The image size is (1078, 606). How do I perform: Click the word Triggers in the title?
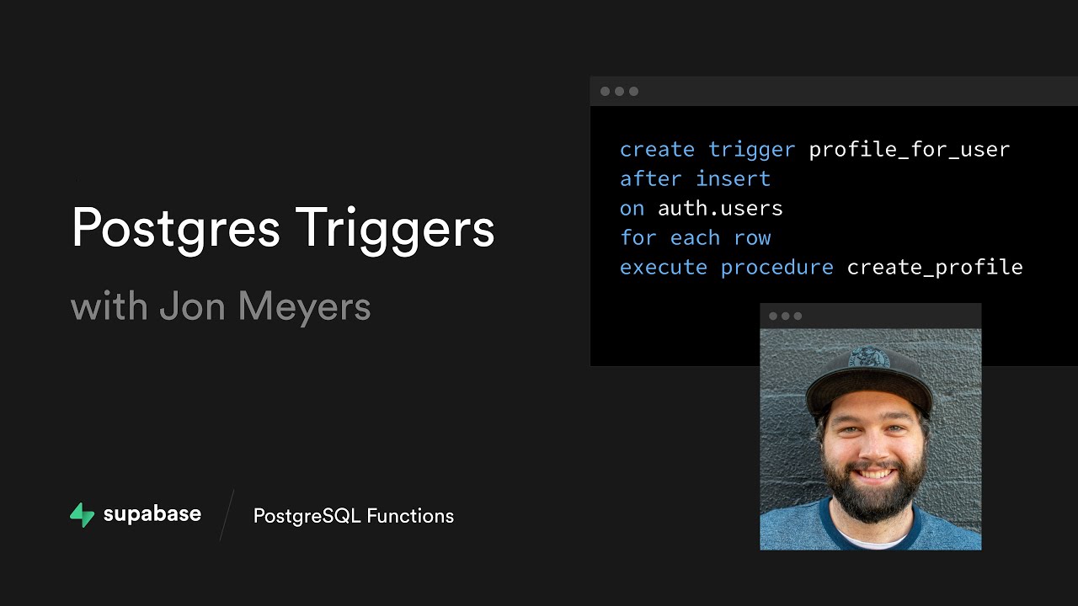tap(395, 228)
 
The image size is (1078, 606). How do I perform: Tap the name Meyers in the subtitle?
tap(304, 306)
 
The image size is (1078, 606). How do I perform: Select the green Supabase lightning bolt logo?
tap(82, 515)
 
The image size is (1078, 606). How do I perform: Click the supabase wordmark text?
tap(152, 514)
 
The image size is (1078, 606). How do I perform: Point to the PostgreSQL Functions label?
tap(353, 516)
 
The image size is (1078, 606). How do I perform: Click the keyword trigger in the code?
tap(751, 150)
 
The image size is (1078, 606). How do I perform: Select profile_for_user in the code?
tap(909, 150)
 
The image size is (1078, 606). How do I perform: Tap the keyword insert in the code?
tap(733, 179)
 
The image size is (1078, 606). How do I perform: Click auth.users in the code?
tap(720, 209)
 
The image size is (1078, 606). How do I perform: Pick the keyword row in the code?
tap(752, 238)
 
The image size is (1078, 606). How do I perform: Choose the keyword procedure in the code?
tap(776, 268)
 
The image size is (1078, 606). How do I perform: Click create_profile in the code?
tap(934, 268)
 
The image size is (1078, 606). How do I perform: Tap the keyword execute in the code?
tap(664, 268)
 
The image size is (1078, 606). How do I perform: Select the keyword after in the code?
tap(651, 179)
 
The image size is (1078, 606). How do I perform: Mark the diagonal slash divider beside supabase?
tap(226, 515)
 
